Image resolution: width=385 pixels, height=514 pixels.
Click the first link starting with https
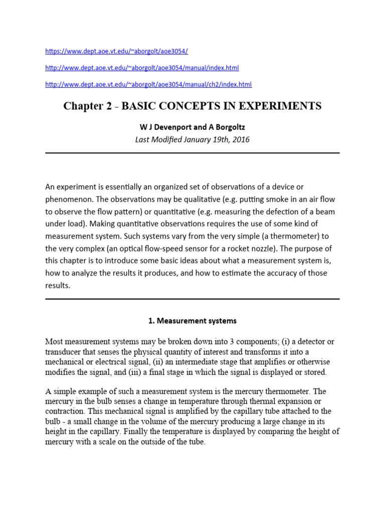coord(116,51)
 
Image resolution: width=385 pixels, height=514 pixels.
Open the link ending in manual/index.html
coord(142,68)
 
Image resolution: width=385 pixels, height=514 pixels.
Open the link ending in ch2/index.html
coord(148,84)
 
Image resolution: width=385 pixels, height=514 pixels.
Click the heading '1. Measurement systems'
coord(192,320)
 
